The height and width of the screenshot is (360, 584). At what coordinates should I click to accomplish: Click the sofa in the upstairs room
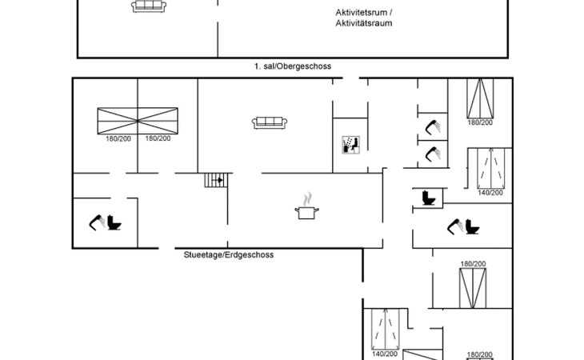tap(149, 6)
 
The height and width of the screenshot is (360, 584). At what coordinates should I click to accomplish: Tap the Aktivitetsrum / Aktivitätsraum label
tap(363, 18)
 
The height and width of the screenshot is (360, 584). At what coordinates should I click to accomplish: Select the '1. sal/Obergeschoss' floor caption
tap(293, 66)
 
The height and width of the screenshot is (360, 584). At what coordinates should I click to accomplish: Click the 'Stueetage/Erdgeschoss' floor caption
tap(229, 255)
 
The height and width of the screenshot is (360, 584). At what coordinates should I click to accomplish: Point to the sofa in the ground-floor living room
tap(270, 123)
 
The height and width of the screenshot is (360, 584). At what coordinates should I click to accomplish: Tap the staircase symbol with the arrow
tap(216, 180)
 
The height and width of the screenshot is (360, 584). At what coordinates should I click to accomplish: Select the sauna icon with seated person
tap(351, 145)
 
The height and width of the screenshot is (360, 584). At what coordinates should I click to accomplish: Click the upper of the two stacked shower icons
tap(433, 127)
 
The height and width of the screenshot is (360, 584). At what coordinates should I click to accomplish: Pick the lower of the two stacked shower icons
tap(433, 154)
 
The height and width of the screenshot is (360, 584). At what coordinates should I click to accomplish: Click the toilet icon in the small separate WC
tap(429, 198)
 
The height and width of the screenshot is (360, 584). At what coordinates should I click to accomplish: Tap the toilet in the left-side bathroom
tap(114, 222)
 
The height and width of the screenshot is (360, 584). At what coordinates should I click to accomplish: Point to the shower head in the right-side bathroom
tap(455, 226)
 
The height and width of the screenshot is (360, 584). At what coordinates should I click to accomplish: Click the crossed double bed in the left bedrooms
tap(138, 121)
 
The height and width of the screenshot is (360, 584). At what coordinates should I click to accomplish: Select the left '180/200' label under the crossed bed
tap(118, 139)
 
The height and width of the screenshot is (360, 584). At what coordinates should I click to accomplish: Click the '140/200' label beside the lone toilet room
tap(490, 193)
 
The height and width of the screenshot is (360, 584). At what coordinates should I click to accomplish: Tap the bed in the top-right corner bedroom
tap(480, 98)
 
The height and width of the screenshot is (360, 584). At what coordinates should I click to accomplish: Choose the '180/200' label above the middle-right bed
tap(473, 264)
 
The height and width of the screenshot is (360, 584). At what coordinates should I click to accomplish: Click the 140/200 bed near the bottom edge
tap(385, 329)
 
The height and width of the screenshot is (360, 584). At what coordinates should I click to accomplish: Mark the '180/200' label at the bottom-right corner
tap(480, 354)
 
